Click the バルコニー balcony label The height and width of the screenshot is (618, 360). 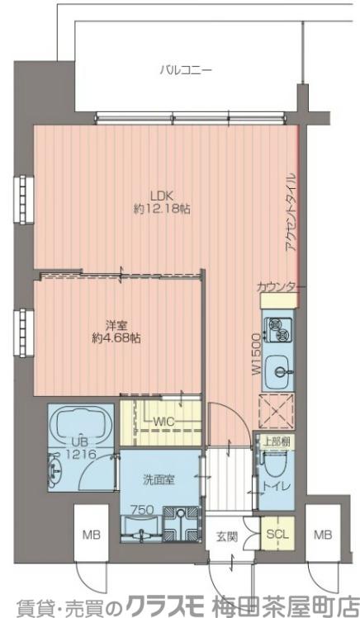pyautogui.click(x=186, y=71)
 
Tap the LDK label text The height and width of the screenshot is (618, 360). pyautogui.click(x=162, y=195)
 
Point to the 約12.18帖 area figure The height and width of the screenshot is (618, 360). pyautogui.click(x=162, y=209)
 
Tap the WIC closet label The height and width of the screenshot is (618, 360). pyautogui.click(x=163, y=422)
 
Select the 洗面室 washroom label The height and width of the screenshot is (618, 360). pyautogui.click(x=159, y=480)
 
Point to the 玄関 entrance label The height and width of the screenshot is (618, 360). pyautogui.click(x=227, y=536)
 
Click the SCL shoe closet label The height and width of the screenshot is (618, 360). pyautogui.click(x=277, y=535)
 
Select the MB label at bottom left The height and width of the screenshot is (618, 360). pyautogui.click(x=92, y=535)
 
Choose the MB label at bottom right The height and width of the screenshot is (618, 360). pyautogui.click(x=323, y=535)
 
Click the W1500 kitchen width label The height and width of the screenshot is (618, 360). pyautogui.click(x=256, y=353)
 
